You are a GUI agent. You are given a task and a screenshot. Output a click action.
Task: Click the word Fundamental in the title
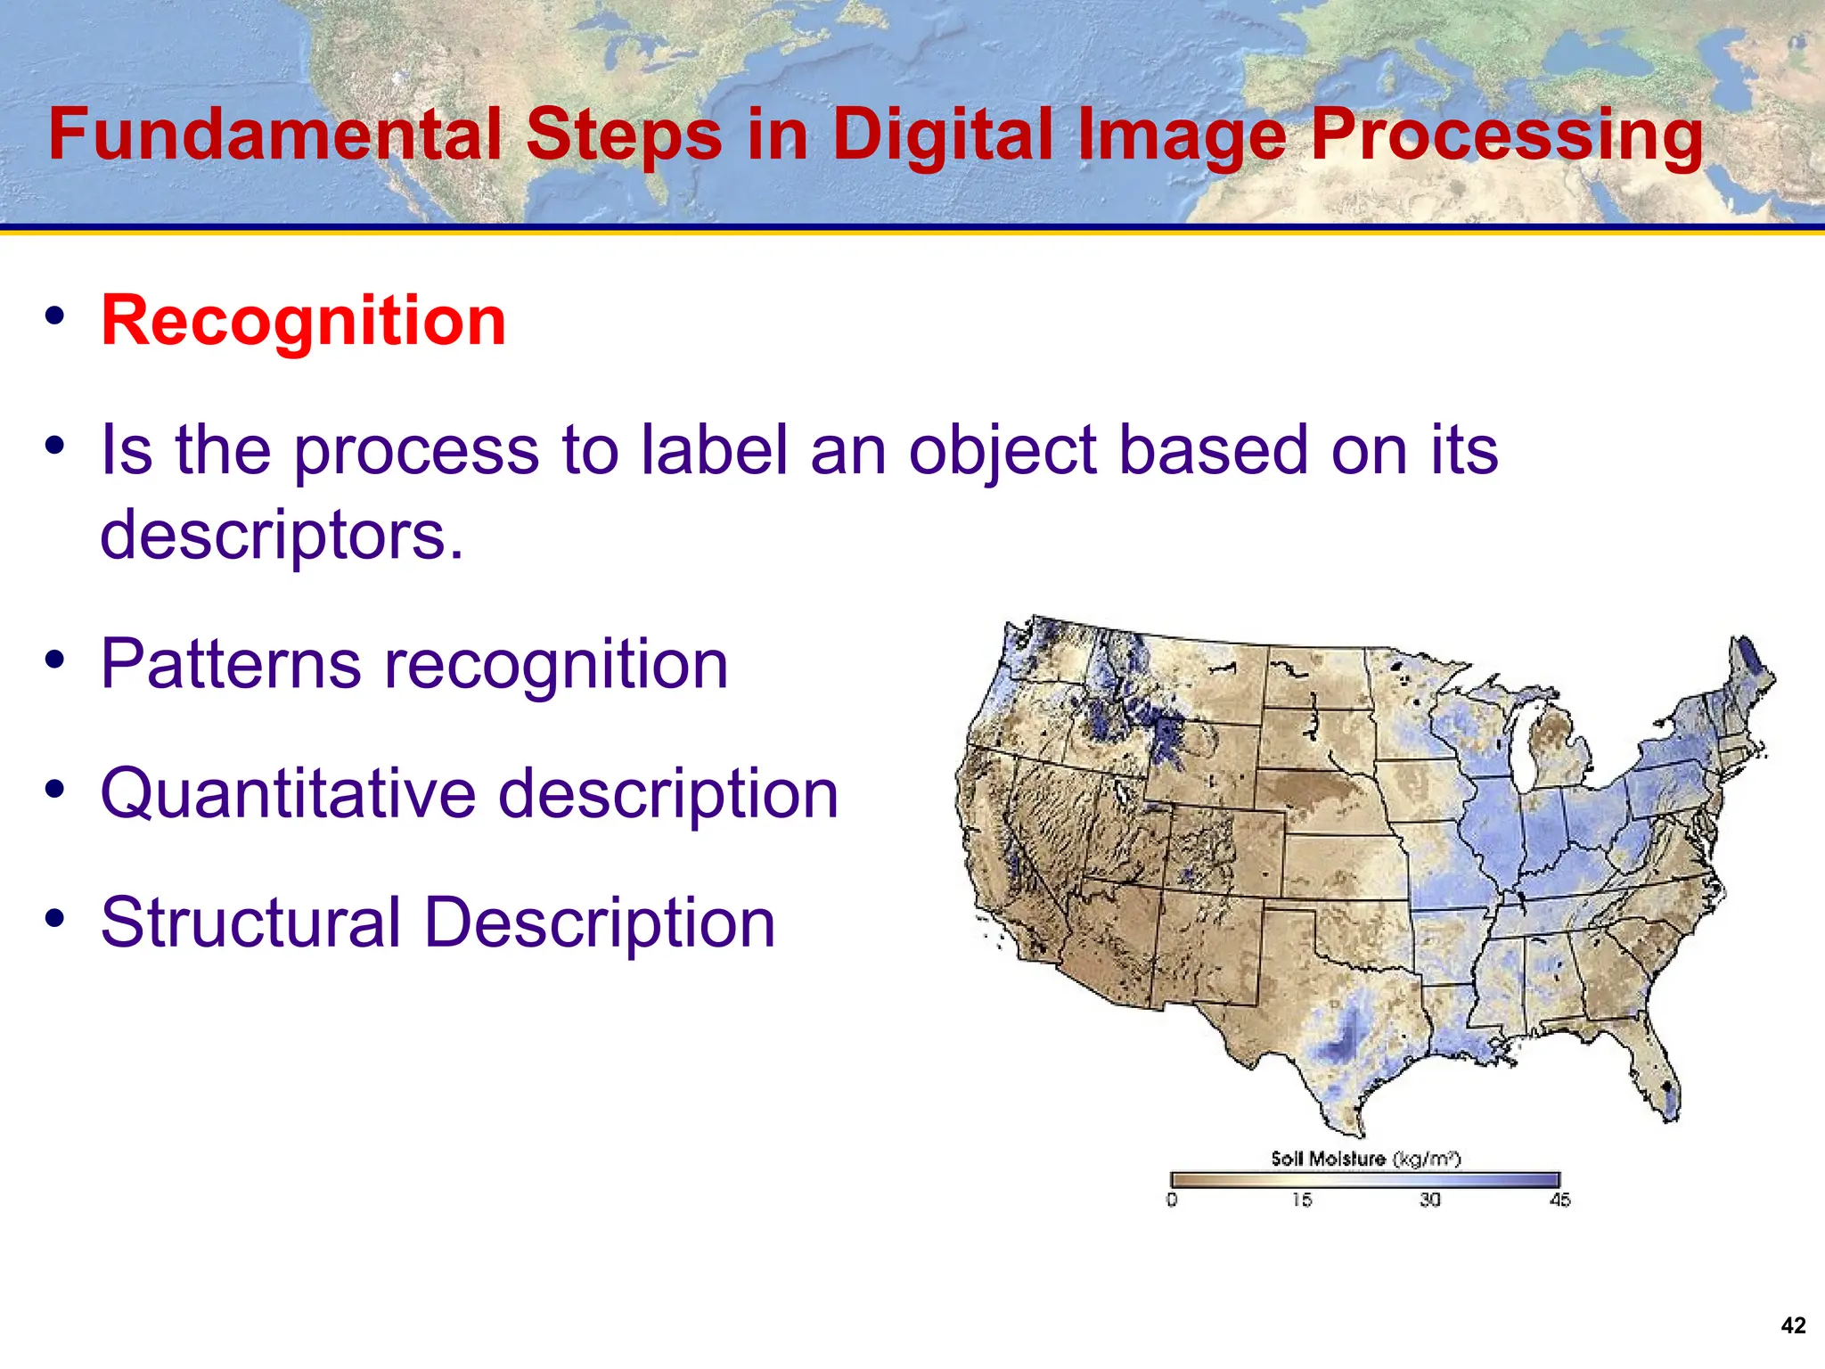(275, 134)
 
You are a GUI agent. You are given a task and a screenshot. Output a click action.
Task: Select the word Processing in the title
(1507, 134)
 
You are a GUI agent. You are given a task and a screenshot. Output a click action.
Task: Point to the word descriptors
(282, 535)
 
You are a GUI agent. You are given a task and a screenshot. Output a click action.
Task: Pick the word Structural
(250, 922)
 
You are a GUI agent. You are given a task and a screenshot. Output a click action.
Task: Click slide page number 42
(1793, 1325)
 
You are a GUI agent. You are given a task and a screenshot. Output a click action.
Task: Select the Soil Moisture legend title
(1365, 1158)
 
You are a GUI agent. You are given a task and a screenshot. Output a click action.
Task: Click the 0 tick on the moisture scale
(1172, 1200)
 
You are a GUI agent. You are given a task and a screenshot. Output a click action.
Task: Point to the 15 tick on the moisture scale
(1302, 1200)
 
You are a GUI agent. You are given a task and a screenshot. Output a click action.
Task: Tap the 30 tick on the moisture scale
(1430, 1200)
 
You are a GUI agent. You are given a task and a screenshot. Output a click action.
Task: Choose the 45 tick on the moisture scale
(1559, 1200)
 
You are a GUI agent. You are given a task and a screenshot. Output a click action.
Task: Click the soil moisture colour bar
(1365, 1180)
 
